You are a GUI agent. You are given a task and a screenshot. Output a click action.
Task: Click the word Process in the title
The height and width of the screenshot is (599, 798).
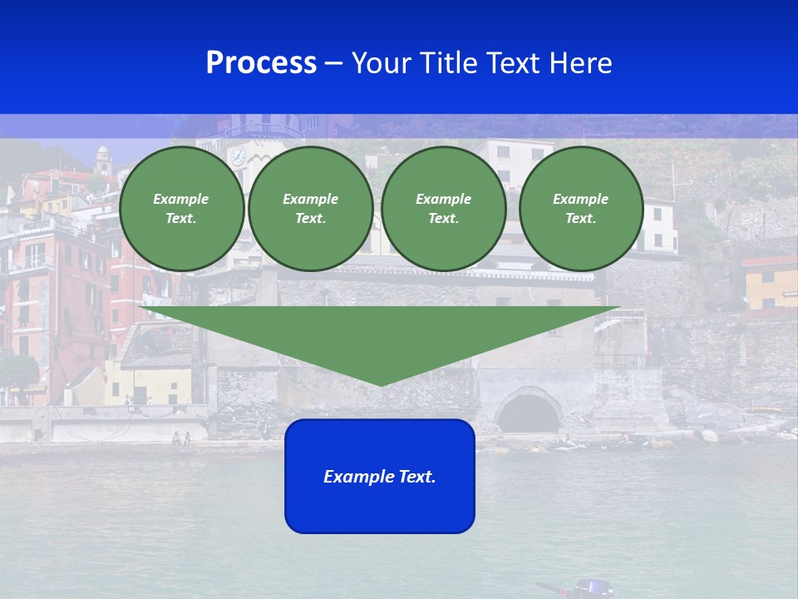261,63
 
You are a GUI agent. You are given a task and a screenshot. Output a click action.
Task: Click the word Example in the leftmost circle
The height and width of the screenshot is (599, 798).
180,199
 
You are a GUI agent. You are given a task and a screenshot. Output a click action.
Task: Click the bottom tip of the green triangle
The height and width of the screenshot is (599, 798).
381,384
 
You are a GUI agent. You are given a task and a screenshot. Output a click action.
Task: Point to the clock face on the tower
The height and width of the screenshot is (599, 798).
238,156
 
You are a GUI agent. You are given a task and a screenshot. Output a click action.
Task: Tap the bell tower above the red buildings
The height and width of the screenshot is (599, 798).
102,160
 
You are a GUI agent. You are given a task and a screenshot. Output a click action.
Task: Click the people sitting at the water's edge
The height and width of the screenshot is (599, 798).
181,438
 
